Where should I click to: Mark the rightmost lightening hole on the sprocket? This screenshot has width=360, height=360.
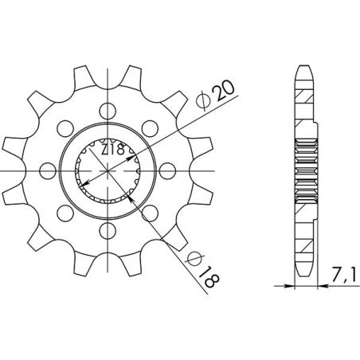click(x=166, y=169)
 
